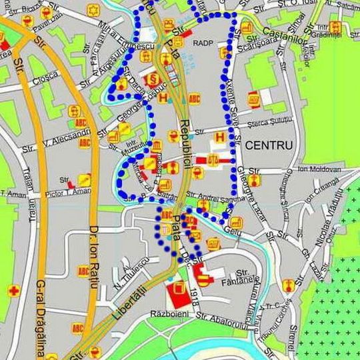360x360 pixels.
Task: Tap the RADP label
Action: (x=202, y=43)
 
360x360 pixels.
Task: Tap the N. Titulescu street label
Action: (x=130, y=270)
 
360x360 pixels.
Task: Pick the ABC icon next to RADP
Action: (x=194, y=99)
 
